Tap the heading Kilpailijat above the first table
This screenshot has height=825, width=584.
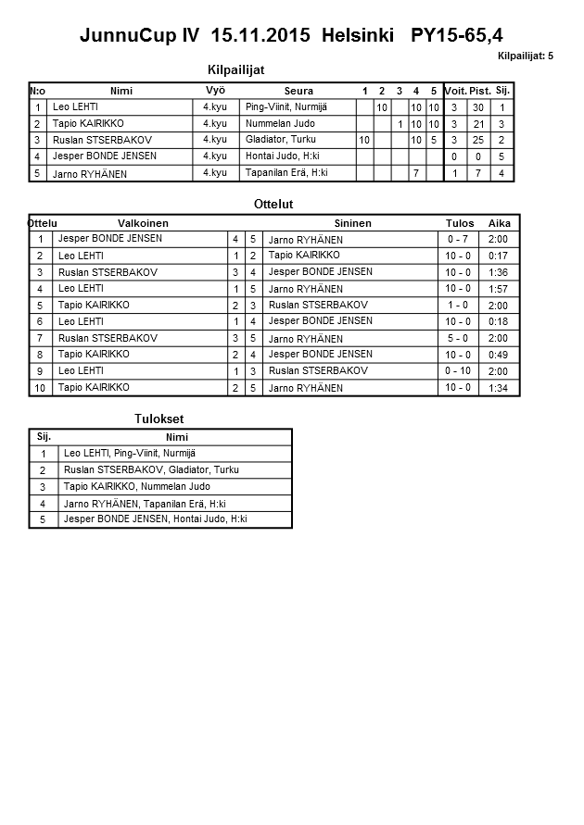(236, 70)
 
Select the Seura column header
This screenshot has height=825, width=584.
(298, 91)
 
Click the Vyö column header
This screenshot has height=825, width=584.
(215, 90)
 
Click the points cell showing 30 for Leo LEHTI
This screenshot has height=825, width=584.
(478, 107)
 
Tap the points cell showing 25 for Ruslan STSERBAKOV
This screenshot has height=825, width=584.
(478, 140)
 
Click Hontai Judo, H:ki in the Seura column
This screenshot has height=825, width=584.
(281, 156)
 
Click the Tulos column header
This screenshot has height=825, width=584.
(460, 223)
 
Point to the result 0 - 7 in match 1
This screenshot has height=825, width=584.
(458, 240)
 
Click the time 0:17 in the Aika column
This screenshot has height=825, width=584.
(499, 256)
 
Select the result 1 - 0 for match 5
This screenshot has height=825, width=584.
(458, 305)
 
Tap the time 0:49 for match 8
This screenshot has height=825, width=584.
(499, 355)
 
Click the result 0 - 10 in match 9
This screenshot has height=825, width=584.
(458, 370)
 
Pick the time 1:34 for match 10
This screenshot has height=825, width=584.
(499, 387)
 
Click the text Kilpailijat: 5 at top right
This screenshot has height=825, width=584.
(525, 56)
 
